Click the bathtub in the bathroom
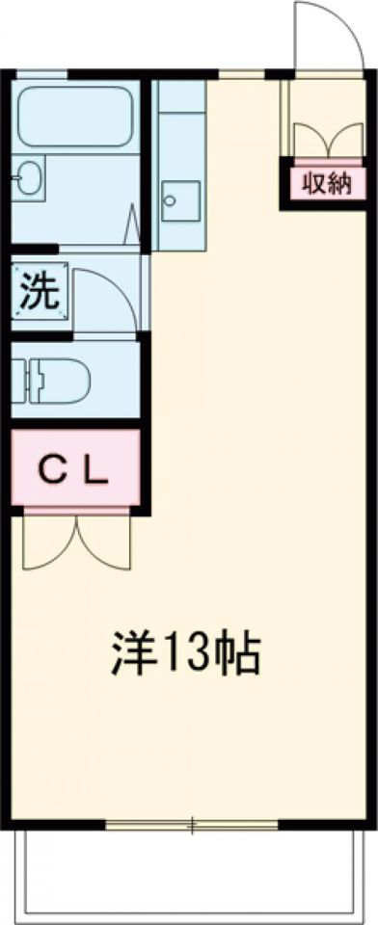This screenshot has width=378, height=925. pos(75,116)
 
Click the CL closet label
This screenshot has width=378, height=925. pos(74,470)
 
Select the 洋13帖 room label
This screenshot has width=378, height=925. pos(182,657)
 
